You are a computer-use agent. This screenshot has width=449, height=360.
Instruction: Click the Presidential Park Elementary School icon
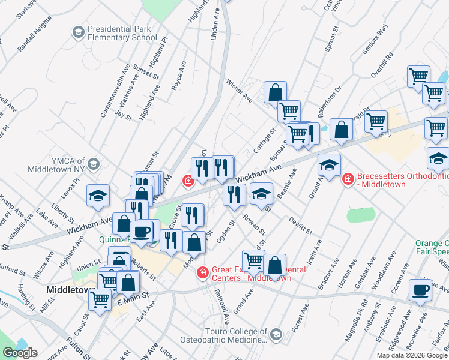[x=78, y=31]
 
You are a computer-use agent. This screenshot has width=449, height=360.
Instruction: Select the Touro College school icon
[x=276, y=334]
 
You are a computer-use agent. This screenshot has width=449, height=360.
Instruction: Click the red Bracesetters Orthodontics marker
[x=347, y=179]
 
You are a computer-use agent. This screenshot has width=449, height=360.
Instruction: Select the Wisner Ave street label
[x=239, y=89]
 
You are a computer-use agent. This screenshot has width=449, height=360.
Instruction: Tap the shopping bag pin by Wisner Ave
[x=275, y=92]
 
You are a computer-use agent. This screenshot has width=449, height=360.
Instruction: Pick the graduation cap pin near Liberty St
[x=98, y=196]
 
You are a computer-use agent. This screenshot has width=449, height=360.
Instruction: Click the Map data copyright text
[x=411, y=355]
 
